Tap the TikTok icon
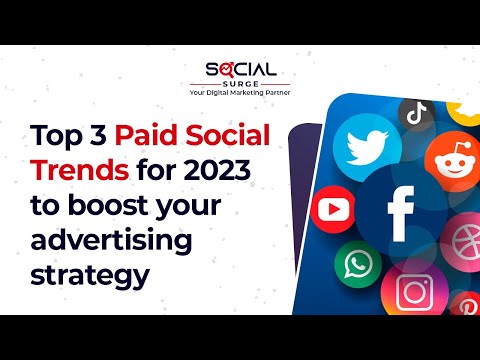417,113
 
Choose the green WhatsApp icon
356,264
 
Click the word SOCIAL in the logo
241,70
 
